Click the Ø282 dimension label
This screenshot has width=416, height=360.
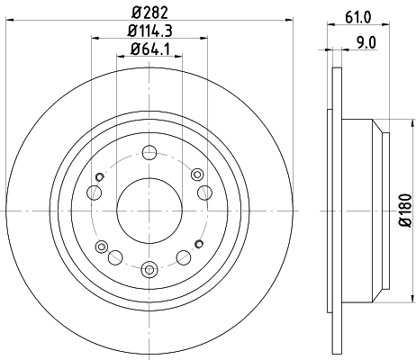pos(149,13)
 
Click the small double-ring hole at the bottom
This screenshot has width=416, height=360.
pos(149,266)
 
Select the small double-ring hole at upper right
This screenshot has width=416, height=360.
pos(204,191)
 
